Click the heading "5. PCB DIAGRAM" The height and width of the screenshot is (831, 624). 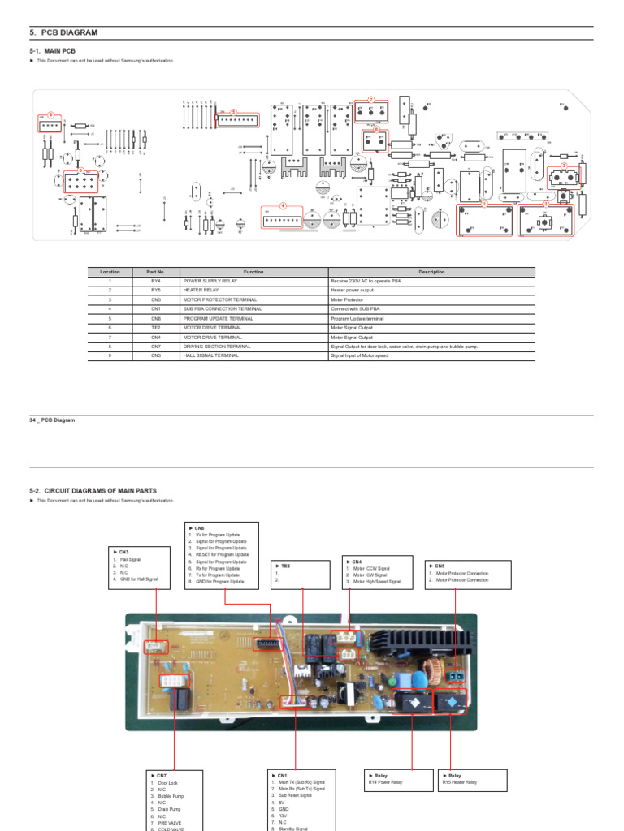tap(63, 32)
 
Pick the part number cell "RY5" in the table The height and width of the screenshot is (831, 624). tap(155, 290)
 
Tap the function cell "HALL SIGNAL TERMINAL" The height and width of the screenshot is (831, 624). tap(210, 355)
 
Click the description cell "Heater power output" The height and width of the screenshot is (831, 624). tap(352, 290)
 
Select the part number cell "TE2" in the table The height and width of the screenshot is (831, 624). tap(155, 327)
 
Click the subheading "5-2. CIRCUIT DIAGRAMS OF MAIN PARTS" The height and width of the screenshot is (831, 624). tap(93, 491)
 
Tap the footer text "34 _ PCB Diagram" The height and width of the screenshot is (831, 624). tap(52, 420)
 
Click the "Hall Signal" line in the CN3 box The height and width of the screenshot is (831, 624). tap(131, 559)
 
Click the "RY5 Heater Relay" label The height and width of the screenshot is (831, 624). tap(460, 783)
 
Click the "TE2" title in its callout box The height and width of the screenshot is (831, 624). tap(284, 566)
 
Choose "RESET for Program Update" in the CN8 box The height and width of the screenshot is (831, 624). tap(220, 554)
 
